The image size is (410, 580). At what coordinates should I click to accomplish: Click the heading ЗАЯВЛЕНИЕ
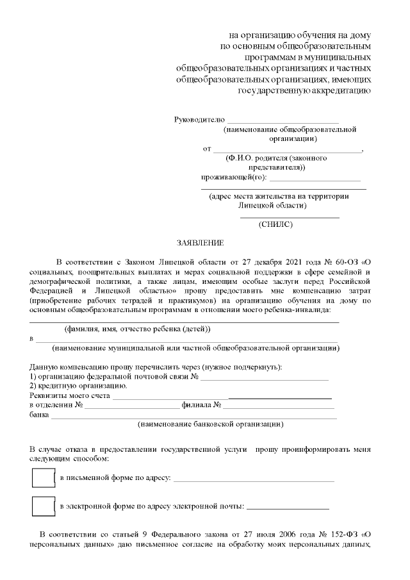(x=201, y=244)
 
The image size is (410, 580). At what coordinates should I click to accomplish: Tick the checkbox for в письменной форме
(x=43, y=478)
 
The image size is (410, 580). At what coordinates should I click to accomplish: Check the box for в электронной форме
(x=43, y=506)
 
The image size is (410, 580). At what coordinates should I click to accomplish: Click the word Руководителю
(x=199, y=120)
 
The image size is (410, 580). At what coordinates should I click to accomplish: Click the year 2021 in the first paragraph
(x=276, y=262)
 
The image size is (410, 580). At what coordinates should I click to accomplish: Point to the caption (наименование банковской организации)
(x=211, y=424)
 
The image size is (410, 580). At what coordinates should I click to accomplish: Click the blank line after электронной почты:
(x=288, y=507)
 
